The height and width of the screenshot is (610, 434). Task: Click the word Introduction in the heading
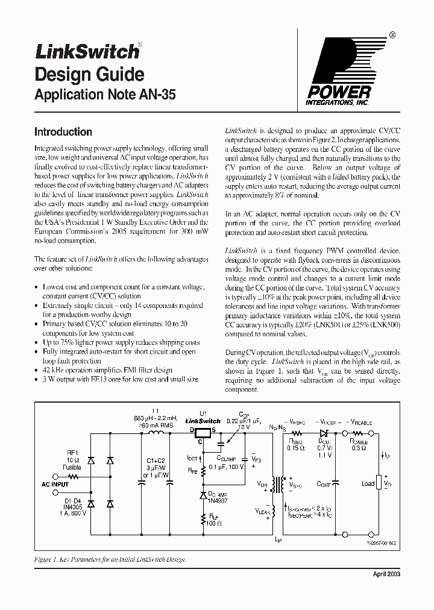point(63,132)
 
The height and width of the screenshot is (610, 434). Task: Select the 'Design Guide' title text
point(89,75)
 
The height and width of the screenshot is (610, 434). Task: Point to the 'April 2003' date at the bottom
point(385,574)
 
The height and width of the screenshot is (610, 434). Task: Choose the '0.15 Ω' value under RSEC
point(296,447)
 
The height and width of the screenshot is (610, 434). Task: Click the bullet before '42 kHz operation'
point(37,370)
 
